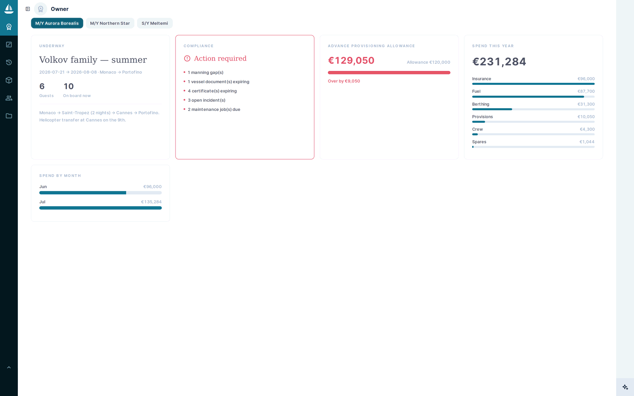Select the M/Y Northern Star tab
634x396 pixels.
(110, 23)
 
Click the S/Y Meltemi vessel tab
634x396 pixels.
(155, 23)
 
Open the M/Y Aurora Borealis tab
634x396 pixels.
(57, 23)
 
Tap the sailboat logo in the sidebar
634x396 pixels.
(9, 9)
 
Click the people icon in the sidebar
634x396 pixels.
(9, 98)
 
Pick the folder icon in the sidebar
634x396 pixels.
(9, 116)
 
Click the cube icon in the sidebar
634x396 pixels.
(9, 80)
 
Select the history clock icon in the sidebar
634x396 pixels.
(9, 62)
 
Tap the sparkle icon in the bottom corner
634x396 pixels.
(625, 387)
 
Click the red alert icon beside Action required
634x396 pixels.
(187, 58)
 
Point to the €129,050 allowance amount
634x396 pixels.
(351, 60)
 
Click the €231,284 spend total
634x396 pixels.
(499, 62)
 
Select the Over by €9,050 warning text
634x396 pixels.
(344, 81)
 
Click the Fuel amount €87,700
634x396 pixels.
(586, 91)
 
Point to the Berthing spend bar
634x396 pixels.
(533, 109)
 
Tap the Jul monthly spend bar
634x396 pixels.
(101, 208)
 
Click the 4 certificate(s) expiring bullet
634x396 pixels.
(212, 91)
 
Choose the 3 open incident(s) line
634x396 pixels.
(206, 100)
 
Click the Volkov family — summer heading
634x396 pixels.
(93, 60)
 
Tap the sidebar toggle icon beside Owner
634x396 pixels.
(28, 9)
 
